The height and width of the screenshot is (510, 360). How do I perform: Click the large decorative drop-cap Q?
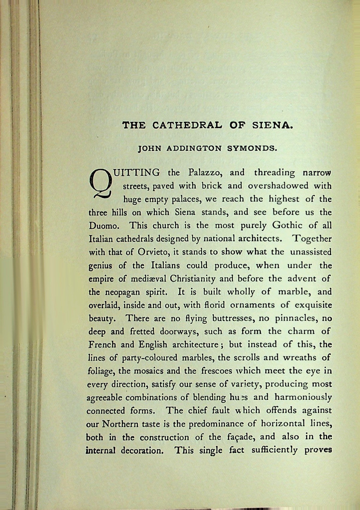[100, 184]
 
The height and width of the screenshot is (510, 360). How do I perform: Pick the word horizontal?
[283, 423]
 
